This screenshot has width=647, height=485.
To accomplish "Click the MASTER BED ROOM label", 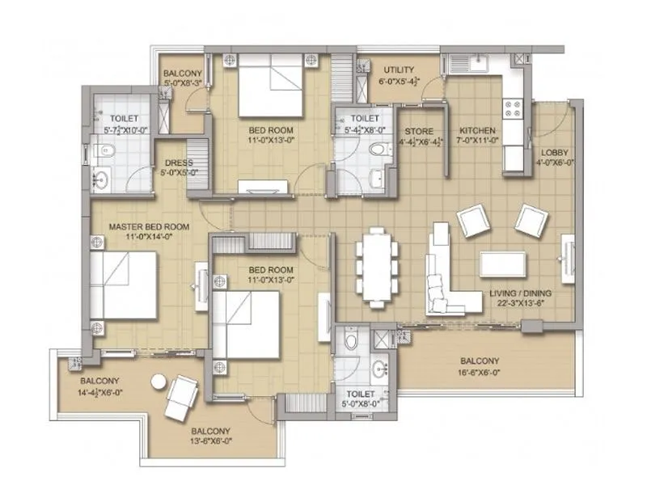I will pyautogui.click(x=149, y=227).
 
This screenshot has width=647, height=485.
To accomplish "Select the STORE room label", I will pyautogui.click(x=419, y=131).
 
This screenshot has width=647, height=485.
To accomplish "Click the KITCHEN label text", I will pyautogui.click(x=477, y=131).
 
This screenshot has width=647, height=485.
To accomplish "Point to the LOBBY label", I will pyautogui.click(x=554, y=152).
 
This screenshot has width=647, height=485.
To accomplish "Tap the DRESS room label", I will pyautogui.click(x=179, y=162).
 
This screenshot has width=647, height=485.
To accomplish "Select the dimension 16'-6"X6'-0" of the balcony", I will pyautogui.click(x=480, y=372).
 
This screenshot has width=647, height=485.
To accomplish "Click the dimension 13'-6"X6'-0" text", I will pyautogui.click(x=210, y=441).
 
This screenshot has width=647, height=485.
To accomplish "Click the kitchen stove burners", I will pyautogui.click(x=513, y=108).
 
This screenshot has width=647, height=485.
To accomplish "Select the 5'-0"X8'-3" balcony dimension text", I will pyautogui.click(x=181, y=82).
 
